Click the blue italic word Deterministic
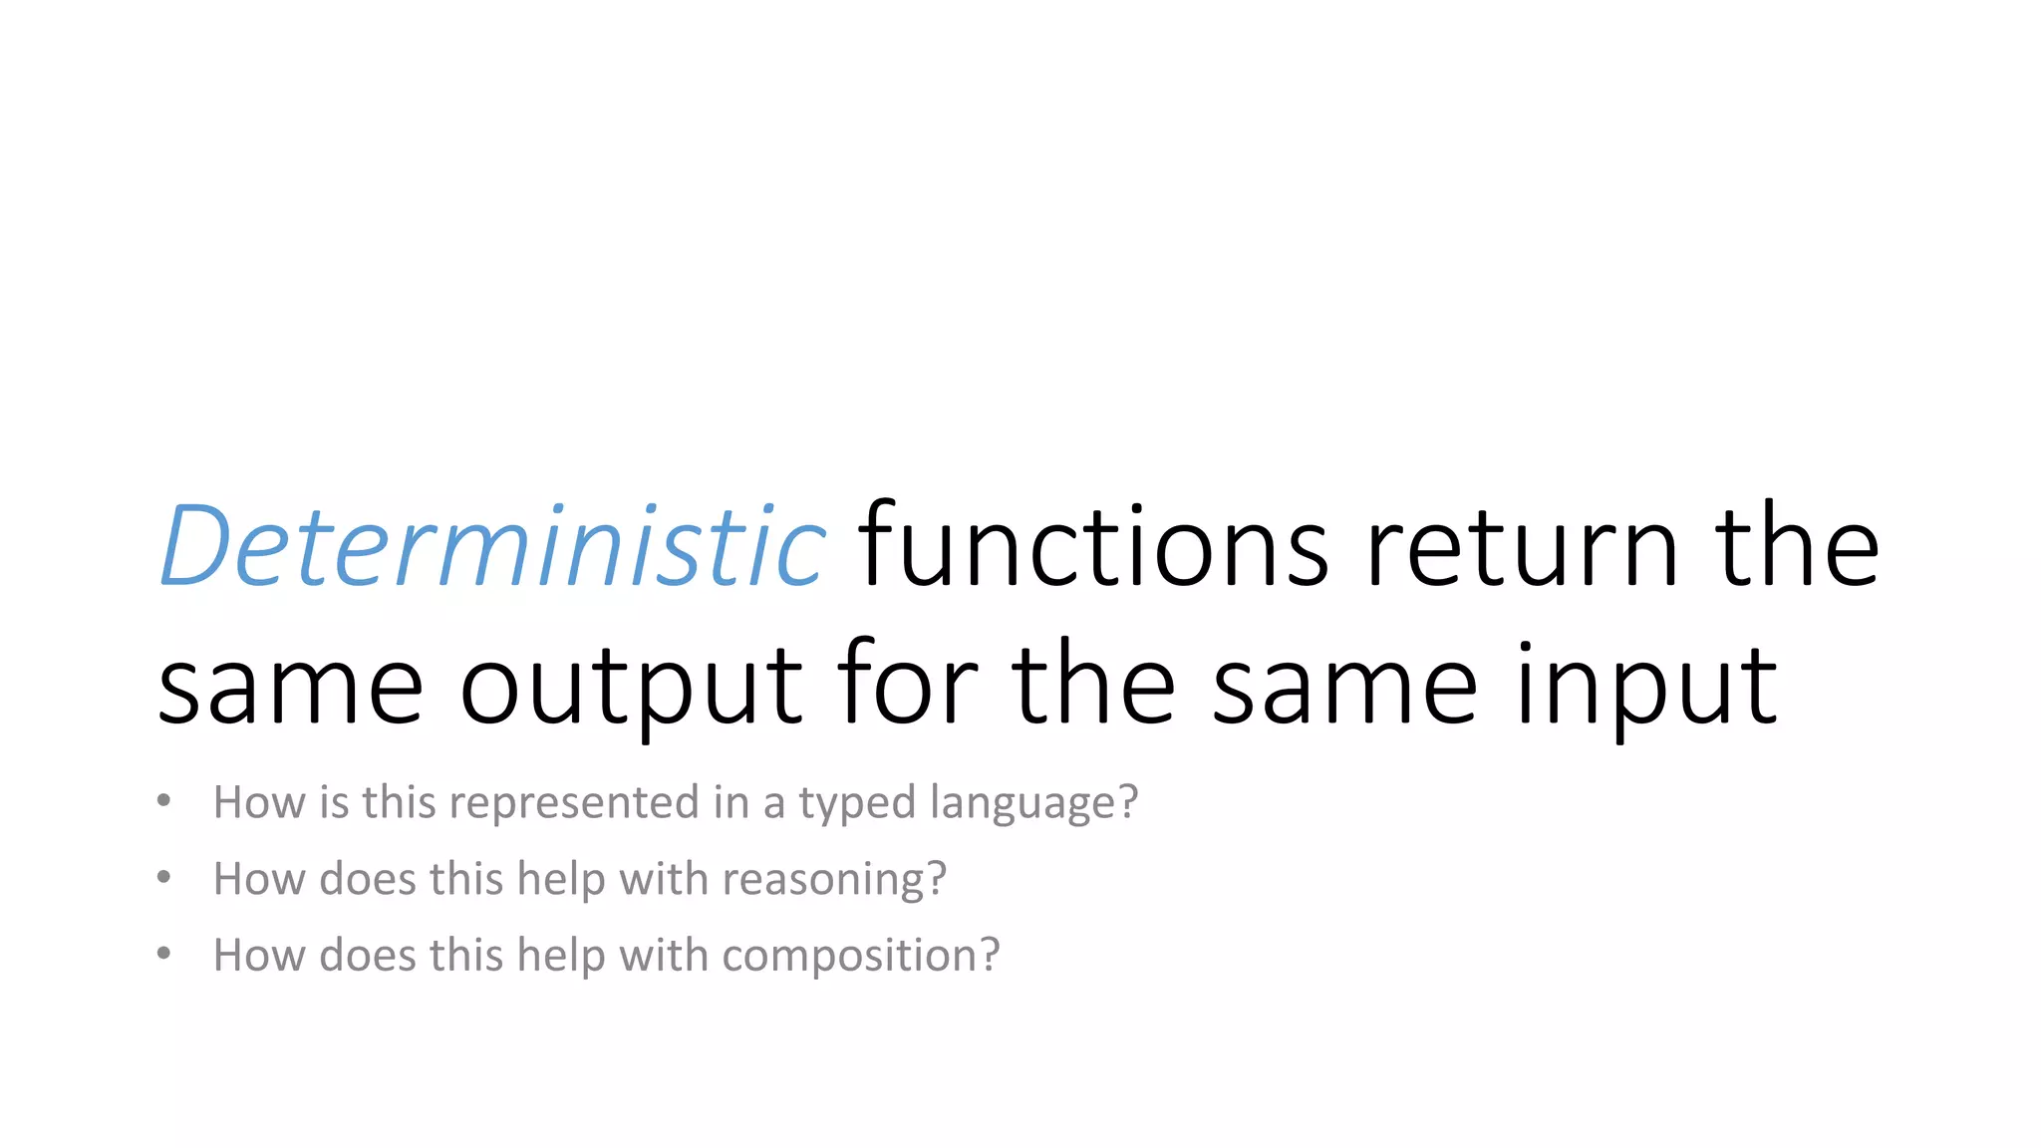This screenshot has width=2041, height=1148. tap(492, 546)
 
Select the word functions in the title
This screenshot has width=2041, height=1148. tap(1093, 546)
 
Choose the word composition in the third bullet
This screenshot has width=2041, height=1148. tap(849, 957)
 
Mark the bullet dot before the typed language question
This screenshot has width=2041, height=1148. tap(164, 801)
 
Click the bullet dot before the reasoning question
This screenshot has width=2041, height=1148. tap(164, 878)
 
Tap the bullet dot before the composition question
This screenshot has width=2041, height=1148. tap(164, 954)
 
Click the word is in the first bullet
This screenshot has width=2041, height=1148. tap(334, 802)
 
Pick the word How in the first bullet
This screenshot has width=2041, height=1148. tap(258, 802)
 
